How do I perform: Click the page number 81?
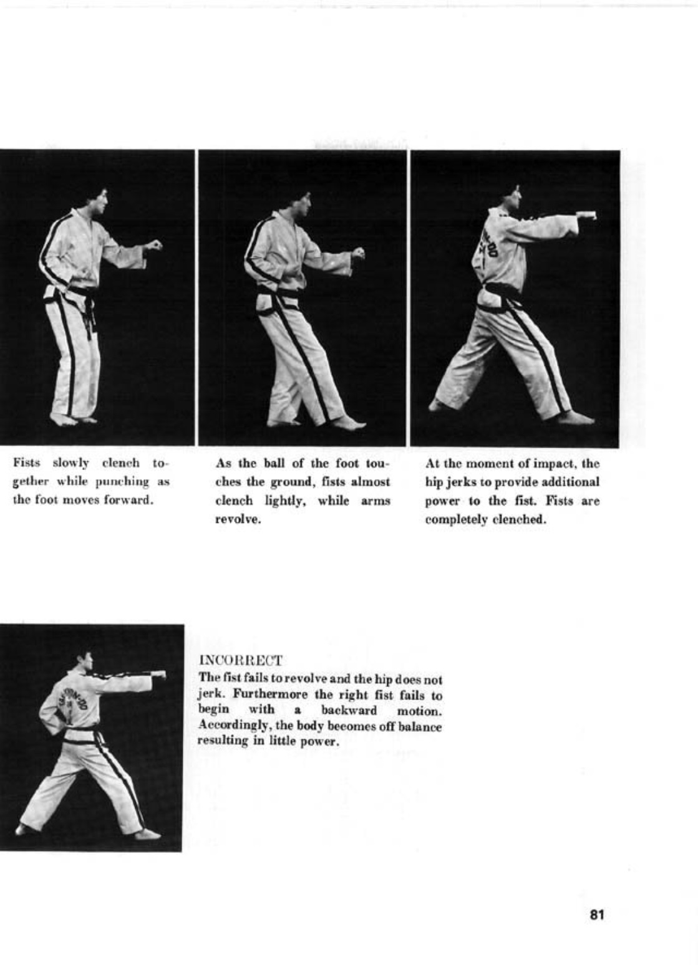[x=596, y=915]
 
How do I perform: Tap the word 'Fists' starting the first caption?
[x=27, y=464]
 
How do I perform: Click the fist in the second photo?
[x=358, y=252]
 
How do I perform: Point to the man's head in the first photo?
[x=97, y=199]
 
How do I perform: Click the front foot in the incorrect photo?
[x=148, y=833]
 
